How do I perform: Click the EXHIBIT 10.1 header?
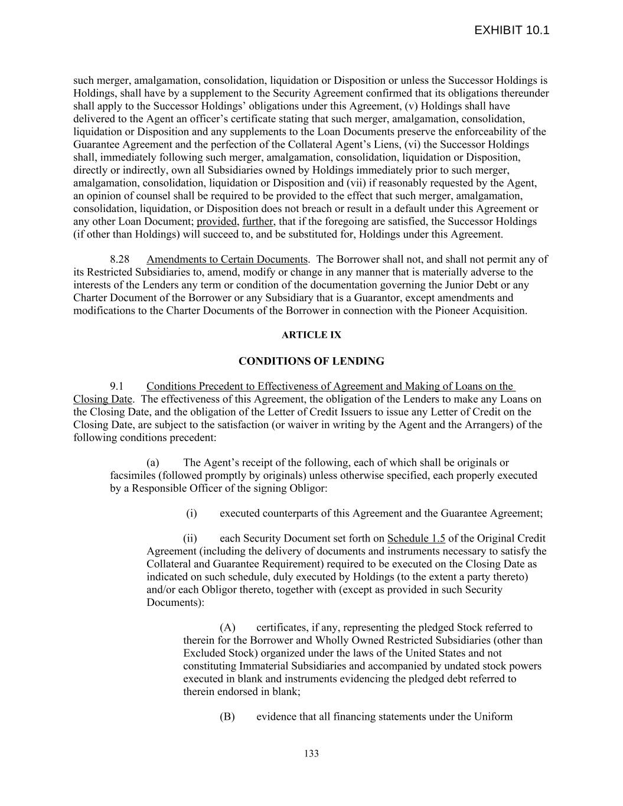tap(511, 30)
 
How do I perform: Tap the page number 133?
tap(311, 753)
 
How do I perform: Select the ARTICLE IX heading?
tap(311, 335)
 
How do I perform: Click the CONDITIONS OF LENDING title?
tap(311, 361)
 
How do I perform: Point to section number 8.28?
tap(120, 259)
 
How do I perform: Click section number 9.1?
tap(116, 386)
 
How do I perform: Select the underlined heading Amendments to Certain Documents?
tap(227, 259)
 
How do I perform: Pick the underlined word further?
tap(258, 221)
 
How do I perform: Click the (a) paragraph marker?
tap(153, 463)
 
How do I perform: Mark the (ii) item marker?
tap(190, 539)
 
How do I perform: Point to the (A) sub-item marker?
tap(227, 628)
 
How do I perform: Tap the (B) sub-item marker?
tap(227, 717)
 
